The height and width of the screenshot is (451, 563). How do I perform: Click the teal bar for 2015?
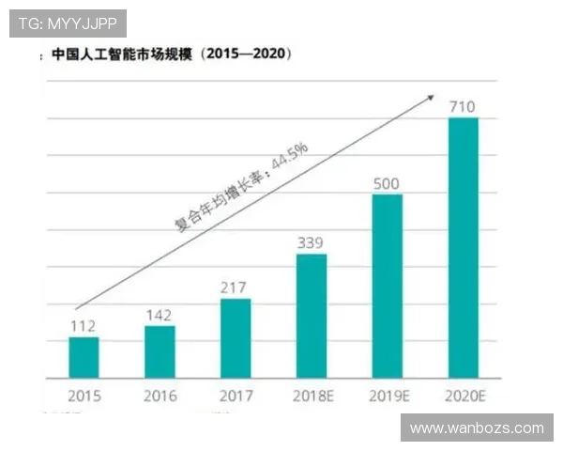[84, 357]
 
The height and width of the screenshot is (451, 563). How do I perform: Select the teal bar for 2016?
[160, 351]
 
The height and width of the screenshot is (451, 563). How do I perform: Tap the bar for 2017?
[236, 338]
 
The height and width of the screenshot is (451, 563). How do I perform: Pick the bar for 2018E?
[312, 316]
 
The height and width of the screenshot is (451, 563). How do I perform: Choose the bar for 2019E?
[388, 286]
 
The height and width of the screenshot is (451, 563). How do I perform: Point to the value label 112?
[84, 326]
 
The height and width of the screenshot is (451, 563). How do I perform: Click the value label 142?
[160, 315]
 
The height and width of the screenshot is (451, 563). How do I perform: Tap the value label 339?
[312, 242]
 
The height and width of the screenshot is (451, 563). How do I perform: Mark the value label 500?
[388, 182]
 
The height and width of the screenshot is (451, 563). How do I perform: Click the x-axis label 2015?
[84, 397]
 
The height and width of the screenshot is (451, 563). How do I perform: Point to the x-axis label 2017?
[236, 397]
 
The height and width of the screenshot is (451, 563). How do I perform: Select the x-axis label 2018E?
[312, 397]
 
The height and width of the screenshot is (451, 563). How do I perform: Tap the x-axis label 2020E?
[464, 397]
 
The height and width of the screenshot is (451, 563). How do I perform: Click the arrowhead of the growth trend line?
[431, 96]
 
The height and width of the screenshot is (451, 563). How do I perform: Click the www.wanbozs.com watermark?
[477, 428]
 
